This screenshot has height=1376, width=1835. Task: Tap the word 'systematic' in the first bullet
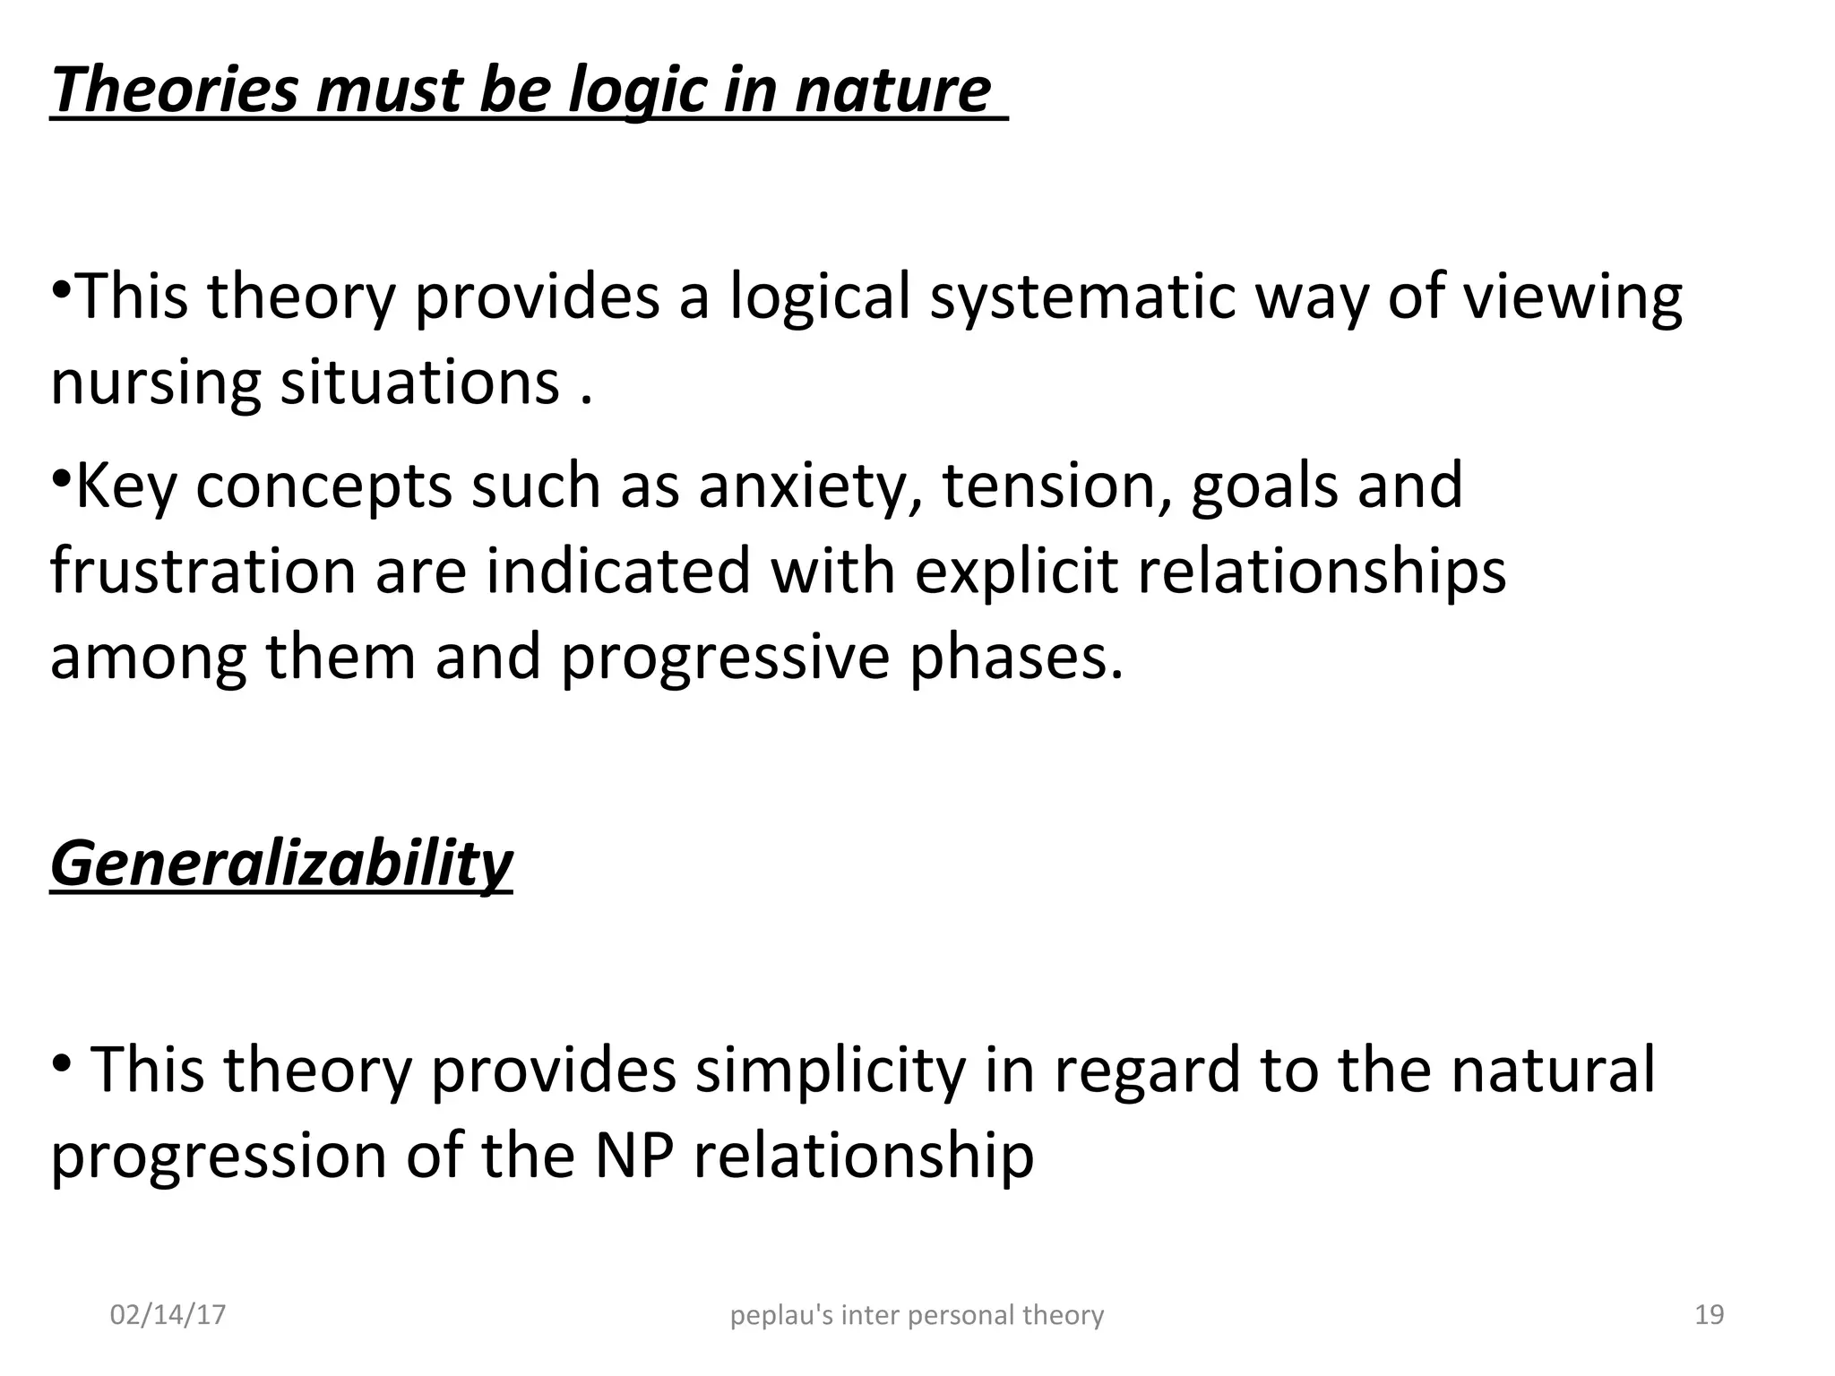pos(1083,297)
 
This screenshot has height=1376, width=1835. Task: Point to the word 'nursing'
pos(155,384)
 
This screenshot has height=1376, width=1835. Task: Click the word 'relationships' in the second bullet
pos(1322,571)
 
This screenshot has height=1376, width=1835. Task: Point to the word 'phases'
pos(1016,657)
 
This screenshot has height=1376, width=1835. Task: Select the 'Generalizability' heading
pos(281,864)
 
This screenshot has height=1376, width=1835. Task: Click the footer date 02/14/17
pos(168,1315)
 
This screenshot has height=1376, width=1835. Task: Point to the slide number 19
pos(1710,1315)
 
